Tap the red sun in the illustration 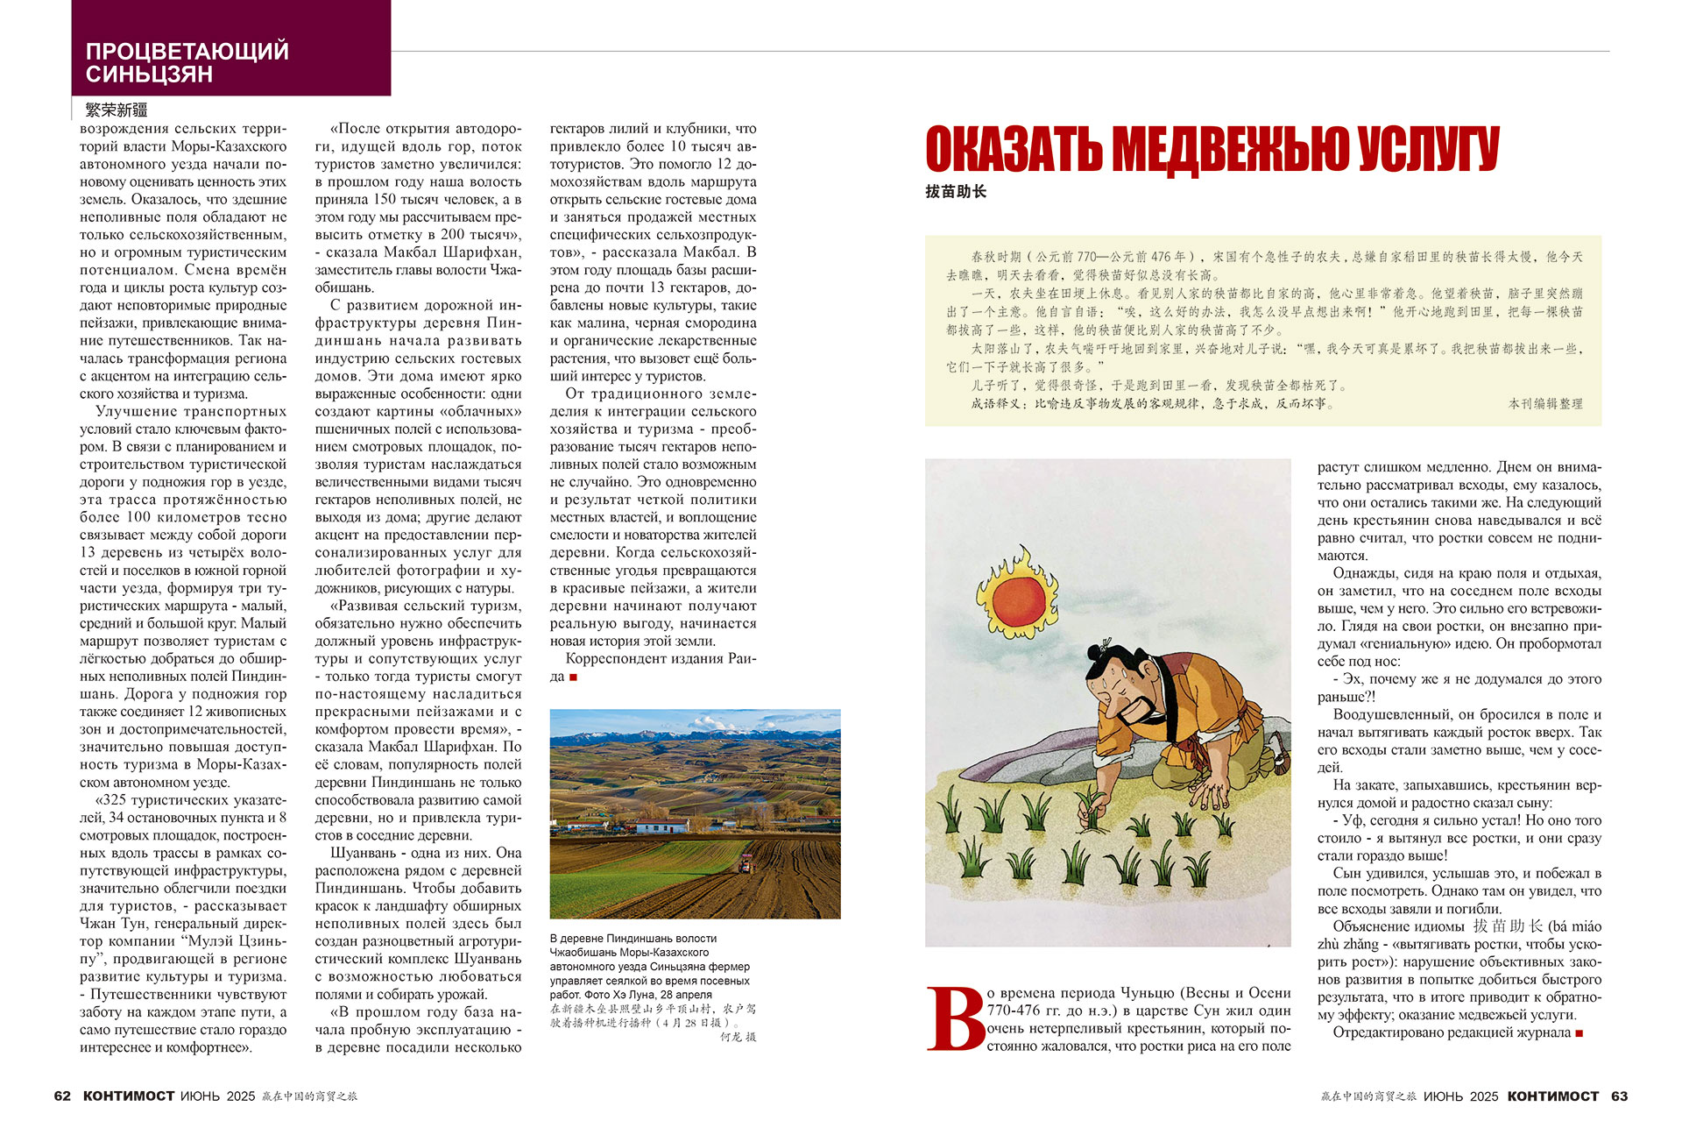click(1018, 596)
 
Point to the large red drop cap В click(956, 1018)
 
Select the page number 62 click(62, 1096)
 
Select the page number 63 click(1619, 1096)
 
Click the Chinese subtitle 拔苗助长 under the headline click(956, 192)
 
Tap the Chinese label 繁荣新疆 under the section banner click(117, 110)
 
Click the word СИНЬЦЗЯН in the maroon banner click(149, 74)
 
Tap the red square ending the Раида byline click(574, 677)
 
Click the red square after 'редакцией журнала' click(1580, 1033)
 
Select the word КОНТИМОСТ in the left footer click(129, 1096)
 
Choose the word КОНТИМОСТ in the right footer click(1553, 1096)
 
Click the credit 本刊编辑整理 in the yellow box click(1545, 404)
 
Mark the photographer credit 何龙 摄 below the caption click(738, 1037)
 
